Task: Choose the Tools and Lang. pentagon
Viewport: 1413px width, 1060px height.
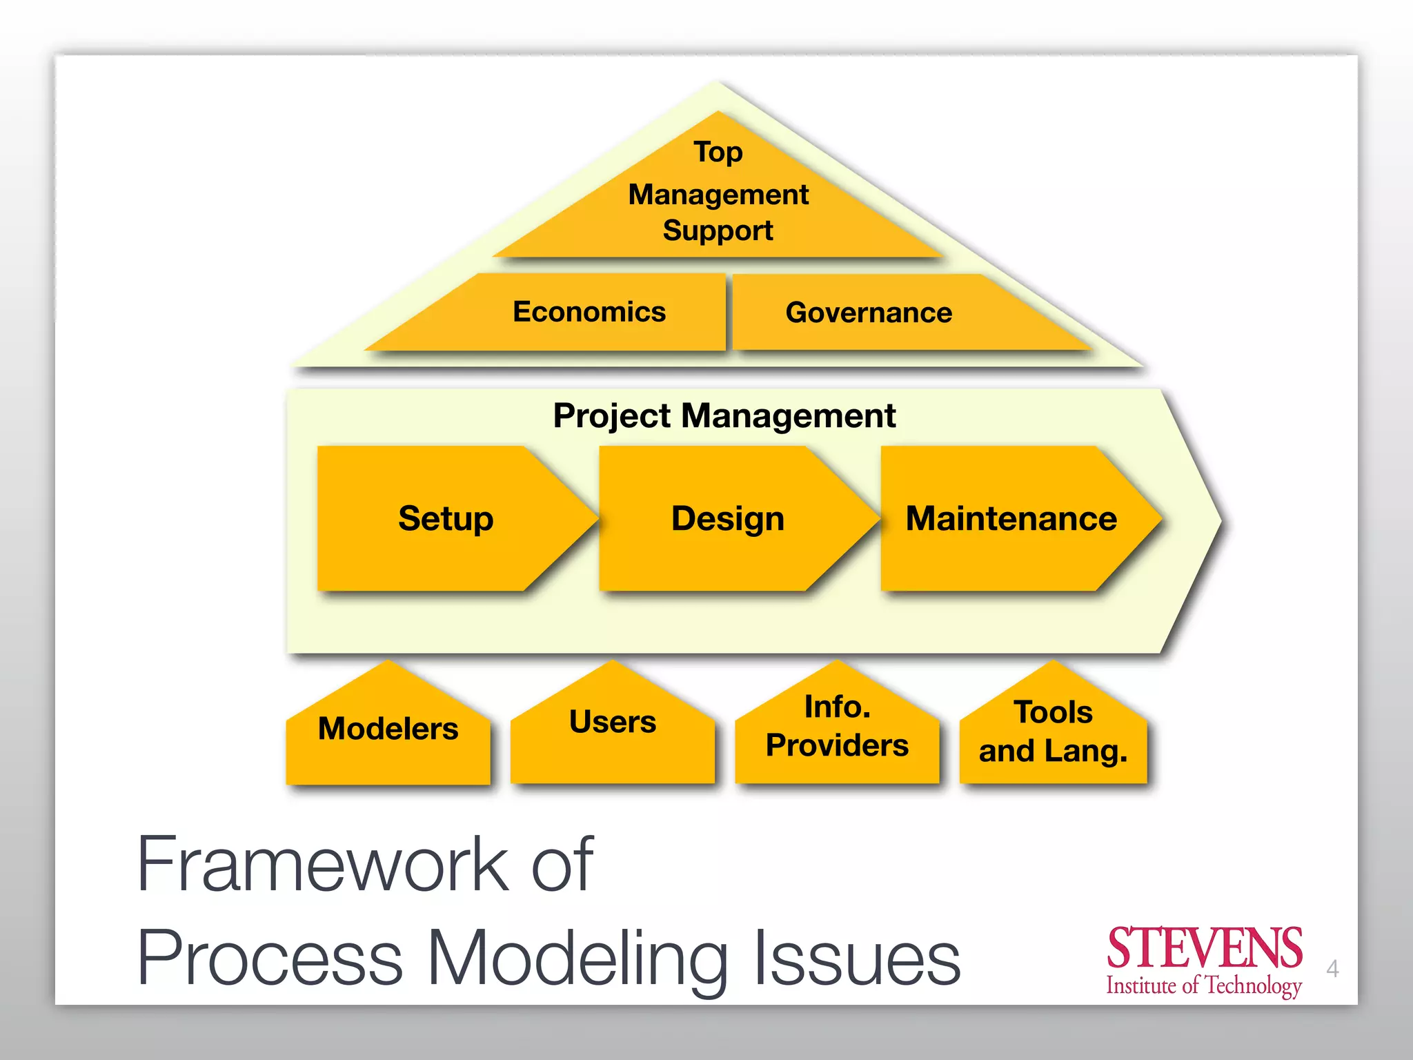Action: pyautogui.click(x=1053, y=732)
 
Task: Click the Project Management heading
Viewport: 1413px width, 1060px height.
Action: pyautogui.click(x=724, y=415)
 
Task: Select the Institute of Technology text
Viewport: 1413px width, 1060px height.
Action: pyautogui.click(x=1204, y=985)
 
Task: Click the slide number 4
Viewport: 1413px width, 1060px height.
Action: pyautogui.click(x=1332, y=969)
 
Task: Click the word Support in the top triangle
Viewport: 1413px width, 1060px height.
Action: pyautogui.click(x=718, y=230)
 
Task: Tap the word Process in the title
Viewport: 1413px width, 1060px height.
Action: pyautogui.click(x=270, y=958)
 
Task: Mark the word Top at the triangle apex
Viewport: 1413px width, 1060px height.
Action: pyautogui.click(x=718, y=152)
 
